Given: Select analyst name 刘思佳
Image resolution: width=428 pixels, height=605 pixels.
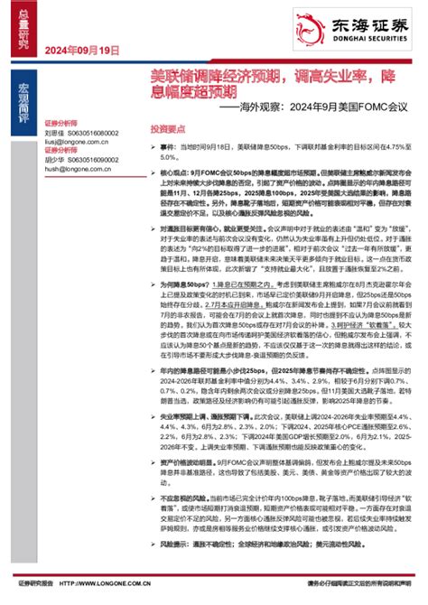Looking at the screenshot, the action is (x=55, y=133).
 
